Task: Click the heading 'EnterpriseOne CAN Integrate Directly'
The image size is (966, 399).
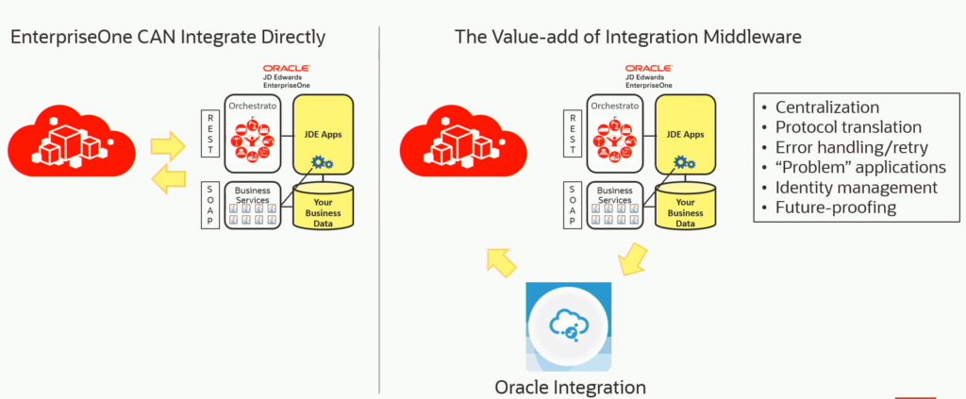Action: (x=168, y=38)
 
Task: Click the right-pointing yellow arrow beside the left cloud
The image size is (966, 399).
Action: (x=168, y=143)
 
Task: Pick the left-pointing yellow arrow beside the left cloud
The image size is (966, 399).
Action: (x=168, y=177)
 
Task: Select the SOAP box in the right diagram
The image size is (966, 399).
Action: (x=573, y=205)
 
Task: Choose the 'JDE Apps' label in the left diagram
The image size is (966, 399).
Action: (x=324, y=134)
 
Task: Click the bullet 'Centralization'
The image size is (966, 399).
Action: (x=826, y=107)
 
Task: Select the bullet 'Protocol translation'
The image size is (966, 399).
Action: (x=847, y=126)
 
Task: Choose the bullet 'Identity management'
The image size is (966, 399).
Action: (x=856, y=187)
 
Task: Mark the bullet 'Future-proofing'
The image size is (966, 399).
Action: (x=834, y=208)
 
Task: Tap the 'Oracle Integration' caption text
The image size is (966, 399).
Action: (x=570, y=387)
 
